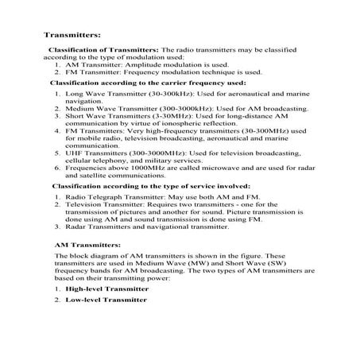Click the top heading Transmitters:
(71, 36)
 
